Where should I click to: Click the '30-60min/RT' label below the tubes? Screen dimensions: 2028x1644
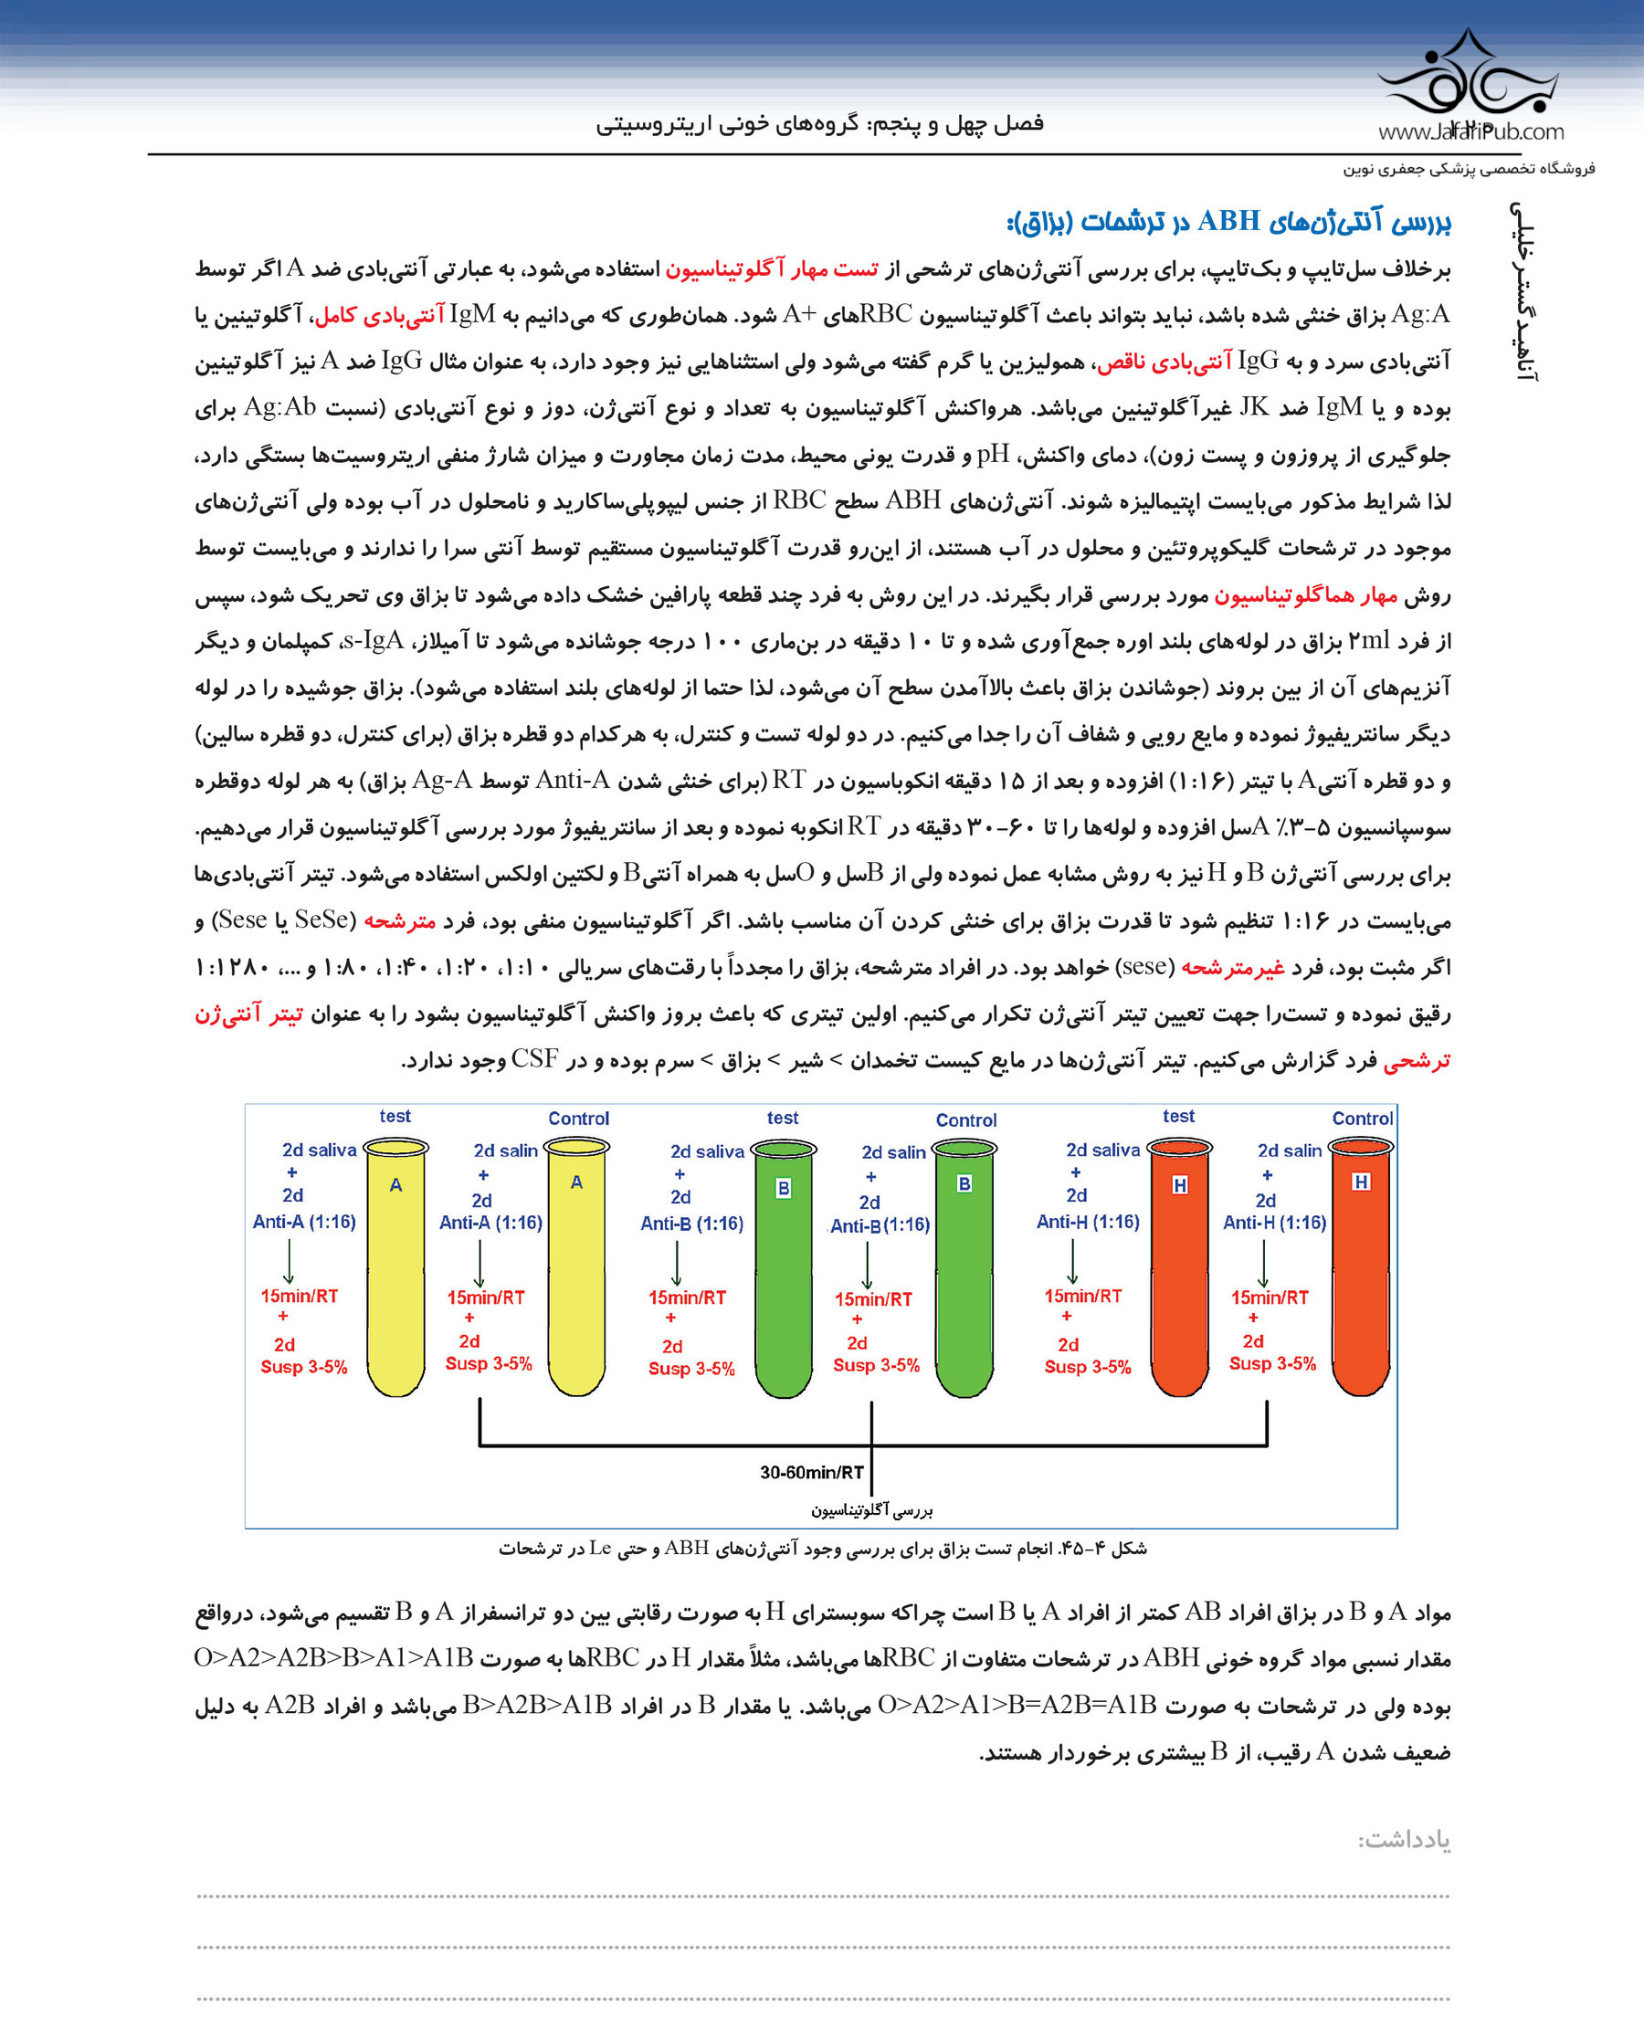[812, 1472]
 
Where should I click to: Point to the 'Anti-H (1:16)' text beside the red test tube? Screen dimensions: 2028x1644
[1087, 1222]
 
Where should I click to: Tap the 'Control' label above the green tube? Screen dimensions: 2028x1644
[966, 1120]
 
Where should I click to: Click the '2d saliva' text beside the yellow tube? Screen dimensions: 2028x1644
[319, 1150]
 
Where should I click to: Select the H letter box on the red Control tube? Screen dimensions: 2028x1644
[1361, 1182]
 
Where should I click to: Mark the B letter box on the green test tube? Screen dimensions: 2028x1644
[783, 1188]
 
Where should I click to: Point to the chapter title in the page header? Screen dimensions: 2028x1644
[819, 123]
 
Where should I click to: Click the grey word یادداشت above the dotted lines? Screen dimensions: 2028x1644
[1404, 1840]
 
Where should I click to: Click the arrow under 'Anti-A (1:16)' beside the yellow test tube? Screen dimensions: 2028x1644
[289, 1260]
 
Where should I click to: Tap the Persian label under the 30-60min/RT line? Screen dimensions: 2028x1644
[871, 1510]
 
